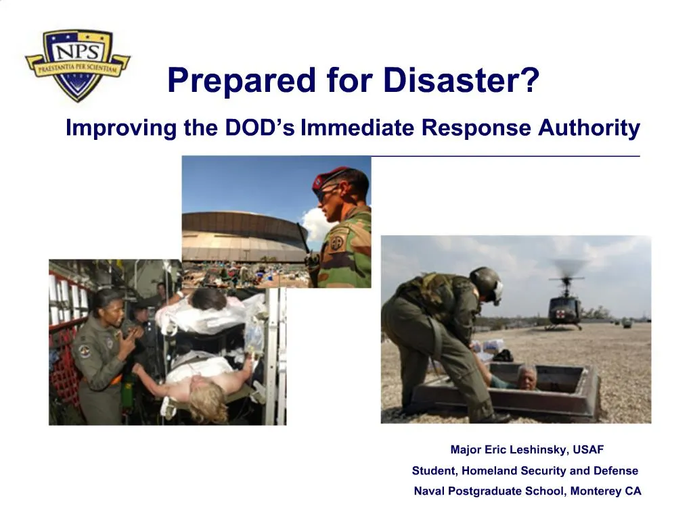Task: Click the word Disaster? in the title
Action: coord(461,81)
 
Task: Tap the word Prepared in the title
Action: coord(241,81)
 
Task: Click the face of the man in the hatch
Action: coord(527,376)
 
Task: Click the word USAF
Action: coord(588,449)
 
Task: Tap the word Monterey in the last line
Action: coord(596,491)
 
